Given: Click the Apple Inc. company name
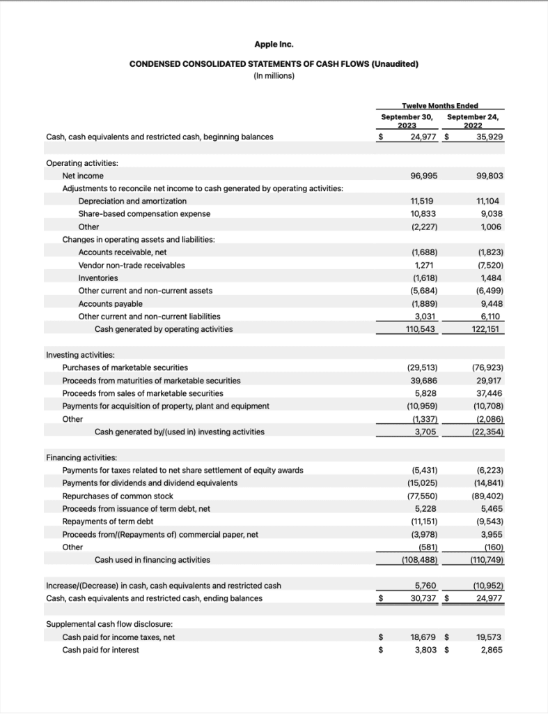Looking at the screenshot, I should (274, 44).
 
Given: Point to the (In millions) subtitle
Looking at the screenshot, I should (274, 76).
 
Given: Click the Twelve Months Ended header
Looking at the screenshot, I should (440, 105).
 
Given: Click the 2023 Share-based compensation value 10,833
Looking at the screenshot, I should (423, 213).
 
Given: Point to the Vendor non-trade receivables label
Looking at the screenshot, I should (132, 265).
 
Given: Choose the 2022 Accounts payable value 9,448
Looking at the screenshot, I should (491, 303).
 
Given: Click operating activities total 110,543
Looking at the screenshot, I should (421, 328).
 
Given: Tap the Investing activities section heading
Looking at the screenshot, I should (80, 355).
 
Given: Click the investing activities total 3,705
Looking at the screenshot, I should (425, 432).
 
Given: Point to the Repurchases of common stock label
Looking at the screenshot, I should (118, 496).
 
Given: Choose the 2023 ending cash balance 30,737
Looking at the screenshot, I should (423, 598).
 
